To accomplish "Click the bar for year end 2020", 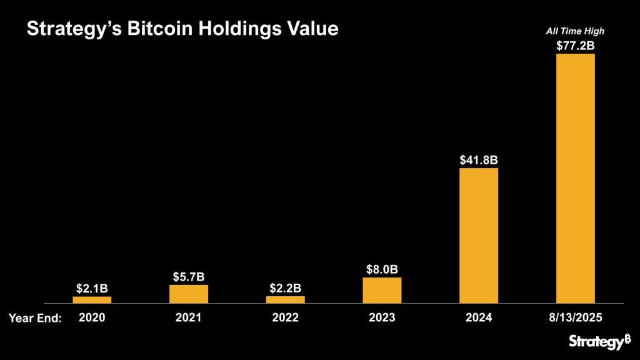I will coord(92,300).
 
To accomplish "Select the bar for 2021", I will coord(189,294).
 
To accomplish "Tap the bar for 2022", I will coord(285,300).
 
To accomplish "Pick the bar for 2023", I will coord(382,291).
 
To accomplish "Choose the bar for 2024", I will coord(479,236).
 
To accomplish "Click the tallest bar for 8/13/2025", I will coord(575,178).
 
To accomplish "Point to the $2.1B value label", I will coord(92,288).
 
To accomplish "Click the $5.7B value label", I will coord(189,276).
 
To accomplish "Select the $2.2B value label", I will coord(285,288).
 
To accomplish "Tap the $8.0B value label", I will coord(382,269).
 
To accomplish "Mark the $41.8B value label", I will coord(479,160).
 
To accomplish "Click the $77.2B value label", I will coord(575,45).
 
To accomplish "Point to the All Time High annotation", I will coord(575,31).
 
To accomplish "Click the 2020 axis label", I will coord(92,317).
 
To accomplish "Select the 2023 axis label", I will coord(382,317).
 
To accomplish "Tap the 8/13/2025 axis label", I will coord(575,317).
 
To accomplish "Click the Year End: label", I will coord(35,318).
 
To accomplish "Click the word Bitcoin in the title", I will coord(135,29).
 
